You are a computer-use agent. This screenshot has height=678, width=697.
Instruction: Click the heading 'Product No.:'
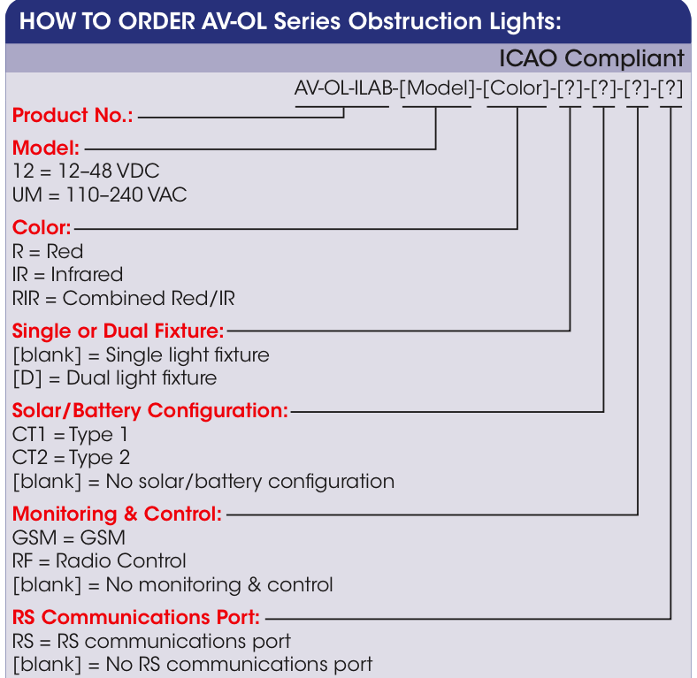[x=73, y=116]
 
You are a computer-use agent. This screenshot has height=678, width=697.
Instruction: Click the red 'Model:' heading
[x=46, y=147]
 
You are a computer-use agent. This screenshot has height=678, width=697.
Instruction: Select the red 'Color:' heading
[x=42, y=227]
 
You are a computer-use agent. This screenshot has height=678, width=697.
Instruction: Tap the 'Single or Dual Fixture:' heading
[x=119, y=331]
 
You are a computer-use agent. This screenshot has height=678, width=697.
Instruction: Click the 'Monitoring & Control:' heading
[x=117, y=514]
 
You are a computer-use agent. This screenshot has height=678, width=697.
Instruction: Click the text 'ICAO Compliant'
[x=591, y=58]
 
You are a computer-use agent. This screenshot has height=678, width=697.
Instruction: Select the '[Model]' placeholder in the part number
[x=437, y=90]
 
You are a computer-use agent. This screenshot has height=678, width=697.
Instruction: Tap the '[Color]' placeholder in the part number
[x=517, y=90]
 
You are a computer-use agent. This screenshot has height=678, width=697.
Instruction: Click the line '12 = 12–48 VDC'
[x=86, y=171]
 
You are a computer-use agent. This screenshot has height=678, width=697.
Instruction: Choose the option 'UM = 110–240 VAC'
[x=100, y=194]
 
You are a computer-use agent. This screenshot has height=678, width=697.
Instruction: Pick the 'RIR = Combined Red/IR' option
[x=124, y=298]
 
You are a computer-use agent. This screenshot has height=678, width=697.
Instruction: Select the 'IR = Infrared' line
[x=67, y=274]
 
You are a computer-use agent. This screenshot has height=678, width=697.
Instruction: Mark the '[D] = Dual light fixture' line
[x=114, y=378]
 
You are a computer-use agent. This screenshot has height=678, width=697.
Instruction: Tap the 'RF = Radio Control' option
[x=99, y=561]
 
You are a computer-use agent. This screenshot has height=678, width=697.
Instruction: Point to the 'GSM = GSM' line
[x=69, y=537]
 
